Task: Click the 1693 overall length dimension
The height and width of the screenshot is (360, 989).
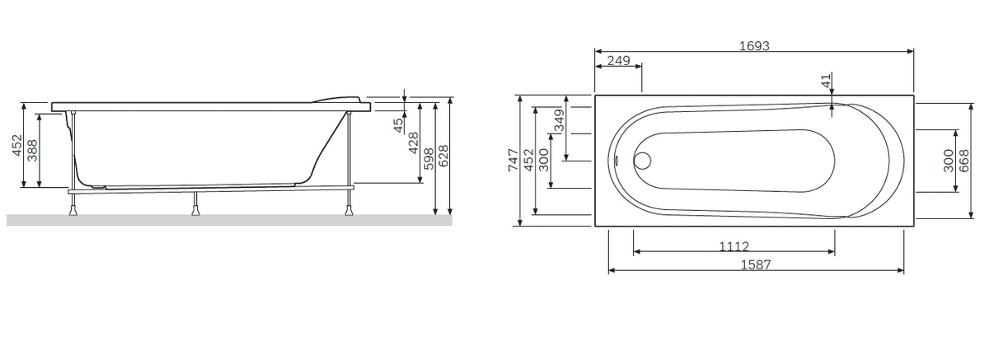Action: (754, 46)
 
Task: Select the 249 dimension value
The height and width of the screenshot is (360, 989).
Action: (618, 60)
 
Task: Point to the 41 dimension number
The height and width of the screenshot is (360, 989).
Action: (826, 81)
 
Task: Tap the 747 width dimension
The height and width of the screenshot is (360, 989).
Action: (513, 160)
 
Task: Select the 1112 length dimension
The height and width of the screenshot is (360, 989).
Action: (734, 246)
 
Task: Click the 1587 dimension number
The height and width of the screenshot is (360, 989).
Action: (755, 264)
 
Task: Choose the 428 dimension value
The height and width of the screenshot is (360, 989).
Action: (414, 143)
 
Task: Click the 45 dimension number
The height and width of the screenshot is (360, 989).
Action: (399, 125)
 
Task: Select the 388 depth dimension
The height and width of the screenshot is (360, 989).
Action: (33, 151)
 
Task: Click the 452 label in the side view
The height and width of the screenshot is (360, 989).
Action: (16, 146)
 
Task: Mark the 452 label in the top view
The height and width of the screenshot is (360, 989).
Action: (528, 160)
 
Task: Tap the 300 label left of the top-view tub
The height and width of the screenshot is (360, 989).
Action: (543, 160)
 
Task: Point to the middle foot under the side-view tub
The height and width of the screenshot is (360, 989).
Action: (196, 207)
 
